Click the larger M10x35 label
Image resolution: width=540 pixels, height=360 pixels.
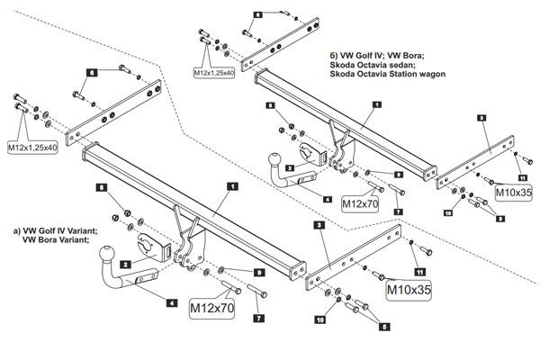click(409, 290)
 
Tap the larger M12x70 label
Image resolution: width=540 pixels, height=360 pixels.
click(212, 309)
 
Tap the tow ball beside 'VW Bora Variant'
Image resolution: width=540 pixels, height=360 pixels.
click(107, 253)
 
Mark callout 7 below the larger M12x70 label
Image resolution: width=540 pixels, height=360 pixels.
click(258, 319)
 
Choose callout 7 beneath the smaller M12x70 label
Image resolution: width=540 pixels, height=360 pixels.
click(398, 211)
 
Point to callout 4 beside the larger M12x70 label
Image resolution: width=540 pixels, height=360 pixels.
click(171, 303)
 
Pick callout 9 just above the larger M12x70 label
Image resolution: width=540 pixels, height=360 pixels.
click(258, 272)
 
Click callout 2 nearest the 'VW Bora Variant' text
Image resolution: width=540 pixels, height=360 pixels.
click(125, 264)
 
